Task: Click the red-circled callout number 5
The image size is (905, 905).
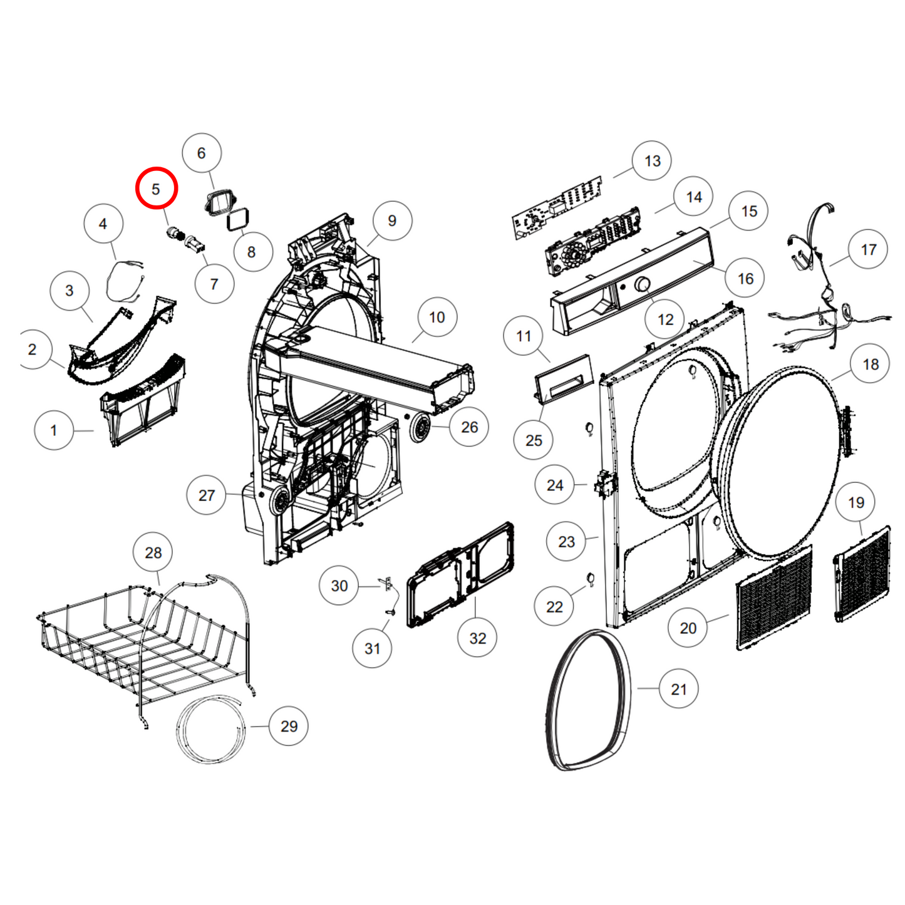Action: (156, 189)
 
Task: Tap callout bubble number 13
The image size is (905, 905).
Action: (651, 160)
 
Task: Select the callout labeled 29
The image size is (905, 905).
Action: (288, 726)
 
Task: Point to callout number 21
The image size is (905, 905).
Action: (678, 689)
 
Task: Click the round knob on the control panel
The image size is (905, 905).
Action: (643, 284)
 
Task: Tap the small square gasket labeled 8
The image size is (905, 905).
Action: (237, 219)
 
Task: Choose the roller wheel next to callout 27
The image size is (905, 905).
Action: (280, 502)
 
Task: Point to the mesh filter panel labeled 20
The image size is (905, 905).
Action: (773, 598)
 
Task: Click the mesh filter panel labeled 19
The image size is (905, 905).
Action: (861, 574)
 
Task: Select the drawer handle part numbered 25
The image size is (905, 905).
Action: (564, 379)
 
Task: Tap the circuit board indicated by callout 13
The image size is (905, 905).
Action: (557, 207)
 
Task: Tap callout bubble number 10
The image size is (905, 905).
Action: (437, 317)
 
